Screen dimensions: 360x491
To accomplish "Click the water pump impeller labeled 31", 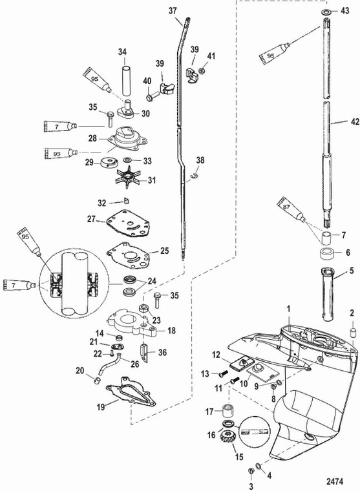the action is point(127,180).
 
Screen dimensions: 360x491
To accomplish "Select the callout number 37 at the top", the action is point(173,10).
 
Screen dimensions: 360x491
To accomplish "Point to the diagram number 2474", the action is point(335,481).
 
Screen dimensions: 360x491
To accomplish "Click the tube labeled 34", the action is point(126,81).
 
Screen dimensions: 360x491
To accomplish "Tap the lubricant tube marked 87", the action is point(291,209).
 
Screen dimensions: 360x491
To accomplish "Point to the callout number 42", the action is point(355,121).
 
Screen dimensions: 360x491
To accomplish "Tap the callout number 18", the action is point(172,330).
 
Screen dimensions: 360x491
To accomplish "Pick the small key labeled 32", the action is point(127,200).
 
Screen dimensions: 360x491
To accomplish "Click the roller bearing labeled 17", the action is point(231,410).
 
